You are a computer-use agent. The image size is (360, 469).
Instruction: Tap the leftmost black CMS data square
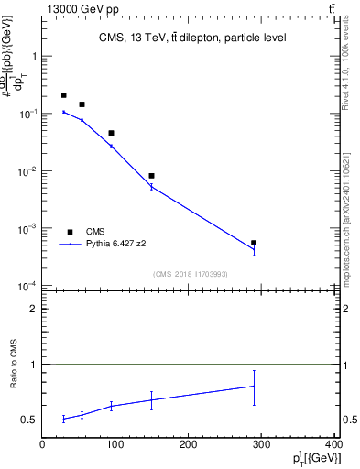pyautogui.click(x=64, y=95)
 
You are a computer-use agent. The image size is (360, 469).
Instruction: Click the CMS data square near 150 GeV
pyautogui.click(x=152, y=176)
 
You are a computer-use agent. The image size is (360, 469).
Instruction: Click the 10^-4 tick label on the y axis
pyautogui.click(x=27, y=286)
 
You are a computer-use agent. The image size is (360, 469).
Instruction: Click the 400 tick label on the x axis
pyautogui.click(x=334, y=442)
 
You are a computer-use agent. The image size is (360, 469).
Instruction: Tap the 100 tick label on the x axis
pyautogui.click(x=115, y=442)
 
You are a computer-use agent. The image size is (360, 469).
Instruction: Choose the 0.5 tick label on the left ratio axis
pyautogui.click(x=29, y=420)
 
